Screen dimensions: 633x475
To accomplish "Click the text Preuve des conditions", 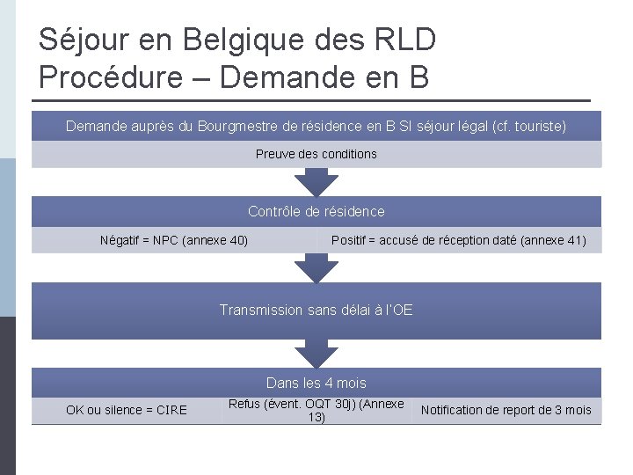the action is (316, 154).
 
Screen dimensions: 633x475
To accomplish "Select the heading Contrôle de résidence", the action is (316, 211).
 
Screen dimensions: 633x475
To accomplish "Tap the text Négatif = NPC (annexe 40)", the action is (174, 240).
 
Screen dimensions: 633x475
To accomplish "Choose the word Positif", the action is (353, 240).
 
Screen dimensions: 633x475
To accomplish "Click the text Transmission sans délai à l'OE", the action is (316, 310).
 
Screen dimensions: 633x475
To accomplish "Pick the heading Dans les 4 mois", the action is (316, 383).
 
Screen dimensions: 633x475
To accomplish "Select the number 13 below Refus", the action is (316, 417).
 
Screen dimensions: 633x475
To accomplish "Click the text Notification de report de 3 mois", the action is (506, 410).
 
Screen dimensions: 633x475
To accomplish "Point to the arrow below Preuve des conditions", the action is (316, 183).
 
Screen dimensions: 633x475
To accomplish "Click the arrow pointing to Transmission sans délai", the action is (316, 267).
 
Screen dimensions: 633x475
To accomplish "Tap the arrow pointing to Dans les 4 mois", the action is (316, 354).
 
